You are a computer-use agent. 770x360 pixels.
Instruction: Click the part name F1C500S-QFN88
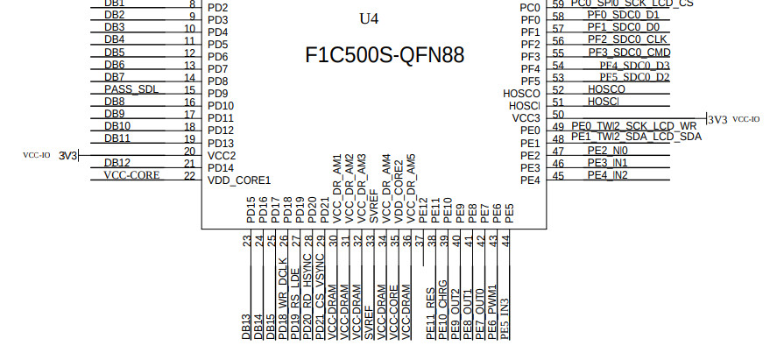point(385,55)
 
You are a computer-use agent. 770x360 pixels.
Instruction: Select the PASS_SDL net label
point(131,89)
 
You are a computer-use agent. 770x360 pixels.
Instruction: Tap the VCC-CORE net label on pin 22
point(132,175)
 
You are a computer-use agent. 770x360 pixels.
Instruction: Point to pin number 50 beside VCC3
point(558,115)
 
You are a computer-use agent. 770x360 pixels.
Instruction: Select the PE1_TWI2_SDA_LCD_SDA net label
point(636,138)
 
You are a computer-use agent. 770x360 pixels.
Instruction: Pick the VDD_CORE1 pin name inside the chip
point(239,180)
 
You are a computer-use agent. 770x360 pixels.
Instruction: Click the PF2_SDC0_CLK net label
point(626,39)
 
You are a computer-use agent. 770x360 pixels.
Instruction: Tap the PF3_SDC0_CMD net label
point(629,53)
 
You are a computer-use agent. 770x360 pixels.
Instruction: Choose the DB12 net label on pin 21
point(117,163)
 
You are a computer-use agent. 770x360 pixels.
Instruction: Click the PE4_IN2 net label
point(607,175)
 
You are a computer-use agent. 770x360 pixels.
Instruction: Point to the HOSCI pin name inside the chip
point(524,105)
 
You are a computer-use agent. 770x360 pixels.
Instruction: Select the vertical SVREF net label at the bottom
point(369,321)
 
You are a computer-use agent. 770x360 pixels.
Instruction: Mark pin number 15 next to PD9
point(190,89)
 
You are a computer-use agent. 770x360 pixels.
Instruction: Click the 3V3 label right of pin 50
point(717,119)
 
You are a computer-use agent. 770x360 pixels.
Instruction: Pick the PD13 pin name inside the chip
point(221,144)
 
